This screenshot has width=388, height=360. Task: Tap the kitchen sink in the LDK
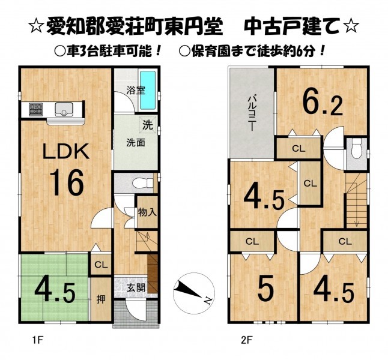tap(64, 110)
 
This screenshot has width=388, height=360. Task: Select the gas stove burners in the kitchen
tap(36, 110)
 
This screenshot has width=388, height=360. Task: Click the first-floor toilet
tap(143, 183)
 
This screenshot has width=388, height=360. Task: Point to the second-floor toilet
tap(356, 148)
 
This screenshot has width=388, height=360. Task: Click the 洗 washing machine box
tap(148, 125)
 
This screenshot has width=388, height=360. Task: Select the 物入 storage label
tap(147, 212)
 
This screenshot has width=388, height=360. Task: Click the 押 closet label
tap(101, 299)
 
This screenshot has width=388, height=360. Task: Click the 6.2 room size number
tap(323, 105)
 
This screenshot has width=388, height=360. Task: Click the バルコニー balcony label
tap(251, 114)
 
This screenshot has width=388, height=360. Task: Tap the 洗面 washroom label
tap(136, 143)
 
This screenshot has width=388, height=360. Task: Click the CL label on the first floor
tap(101, 265)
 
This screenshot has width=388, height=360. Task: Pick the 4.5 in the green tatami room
tap(55, 290)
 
